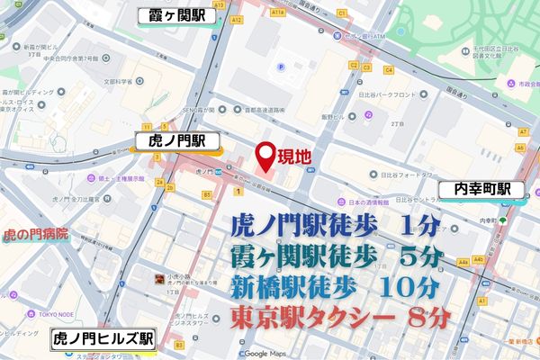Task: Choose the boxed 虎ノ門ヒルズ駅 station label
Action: (x=103, y=339)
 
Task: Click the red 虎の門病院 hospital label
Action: (x=36, y=234)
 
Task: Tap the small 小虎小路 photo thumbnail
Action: (x=159, y=281)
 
